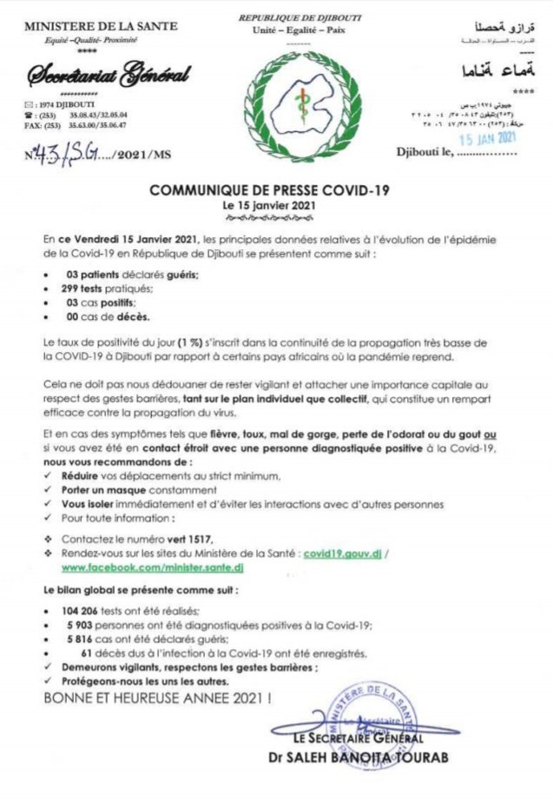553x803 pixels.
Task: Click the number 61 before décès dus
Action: [x=86, y=654]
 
